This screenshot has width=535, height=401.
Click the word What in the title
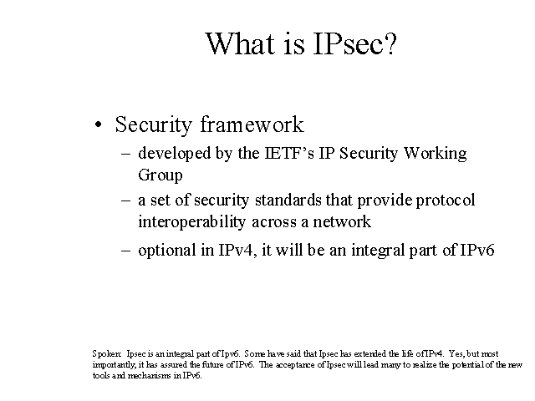pyautogui.click(x=240, y=43)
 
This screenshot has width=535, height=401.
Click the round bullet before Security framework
pyautogui.click(x=99, y=124)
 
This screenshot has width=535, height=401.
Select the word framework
pyautogui.click(x=252, y=124)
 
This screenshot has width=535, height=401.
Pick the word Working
pyautogui.click(x=435, y=154)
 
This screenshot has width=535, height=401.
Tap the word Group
pyautogui.click(x=160, y=175)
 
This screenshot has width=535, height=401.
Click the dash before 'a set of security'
pyautogui.click(x=125, y=200)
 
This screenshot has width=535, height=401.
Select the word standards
pyautogui.click(x=288, y=200)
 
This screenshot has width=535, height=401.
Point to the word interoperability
pyautogui.click(x=191, y=222)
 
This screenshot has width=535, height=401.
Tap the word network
pyautogui.click(x=342, y=221)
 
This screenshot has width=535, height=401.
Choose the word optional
pyautogui.click(x=167, y=251)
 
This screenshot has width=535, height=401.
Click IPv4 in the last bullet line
pyautogui.click(x=236, y=251)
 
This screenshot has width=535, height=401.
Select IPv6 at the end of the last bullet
pyautogui.click(x=477, y=251)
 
